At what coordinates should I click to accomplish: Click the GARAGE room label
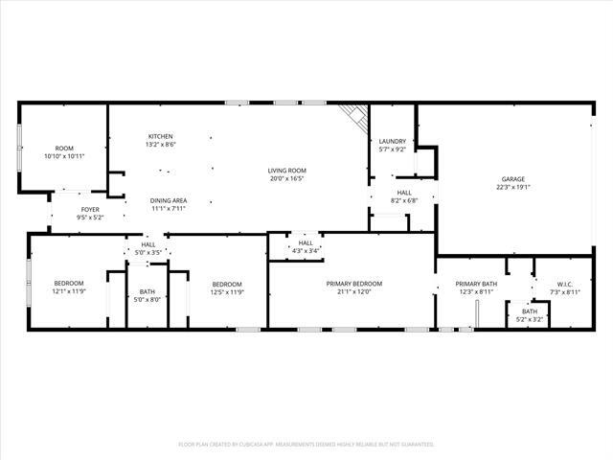(x=513, y=179)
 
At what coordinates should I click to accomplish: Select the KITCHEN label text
(x=160, y=136)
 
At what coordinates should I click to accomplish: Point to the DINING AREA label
(x=168, y=200)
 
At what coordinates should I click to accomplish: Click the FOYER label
(x=90, y=209)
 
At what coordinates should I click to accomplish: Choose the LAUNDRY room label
(x=393, y=142)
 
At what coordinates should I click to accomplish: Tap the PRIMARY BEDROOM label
(x=353, y=284)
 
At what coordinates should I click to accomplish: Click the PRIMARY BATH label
(x=476, y=284)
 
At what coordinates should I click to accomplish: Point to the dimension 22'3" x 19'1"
(x=513, y=188)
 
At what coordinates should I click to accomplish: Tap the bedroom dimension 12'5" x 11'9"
(x=227, y=292)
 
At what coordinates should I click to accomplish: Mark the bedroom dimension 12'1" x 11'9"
(x=69, y=292)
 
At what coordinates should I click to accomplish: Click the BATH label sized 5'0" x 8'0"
(x=148, y=291)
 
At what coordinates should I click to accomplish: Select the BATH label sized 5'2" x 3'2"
(x=529, y=310)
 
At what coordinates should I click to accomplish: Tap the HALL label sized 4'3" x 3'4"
(x=306, y=243)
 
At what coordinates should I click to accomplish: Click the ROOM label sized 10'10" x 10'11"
(x=64, y=149)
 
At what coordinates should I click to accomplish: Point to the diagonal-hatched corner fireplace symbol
(x=357, y=115)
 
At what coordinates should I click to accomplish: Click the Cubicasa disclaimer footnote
(x=306, y=445)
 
